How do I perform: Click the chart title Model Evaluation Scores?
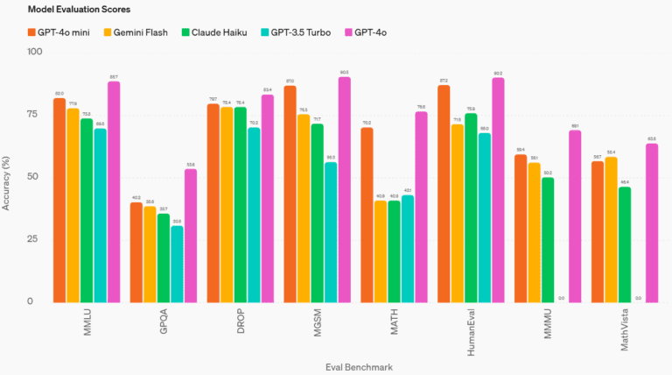pos(78,11)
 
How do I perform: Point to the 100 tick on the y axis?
pos(35,52)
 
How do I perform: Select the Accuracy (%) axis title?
pos(10,176)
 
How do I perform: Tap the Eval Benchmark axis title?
pos(334,364)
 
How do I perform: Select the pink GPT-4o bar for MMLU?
pos(114,192)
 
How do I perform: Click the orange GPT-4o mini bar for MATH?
pos(367,215)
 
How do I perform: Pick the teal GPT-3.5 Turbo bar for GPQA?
pos(178,264)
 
